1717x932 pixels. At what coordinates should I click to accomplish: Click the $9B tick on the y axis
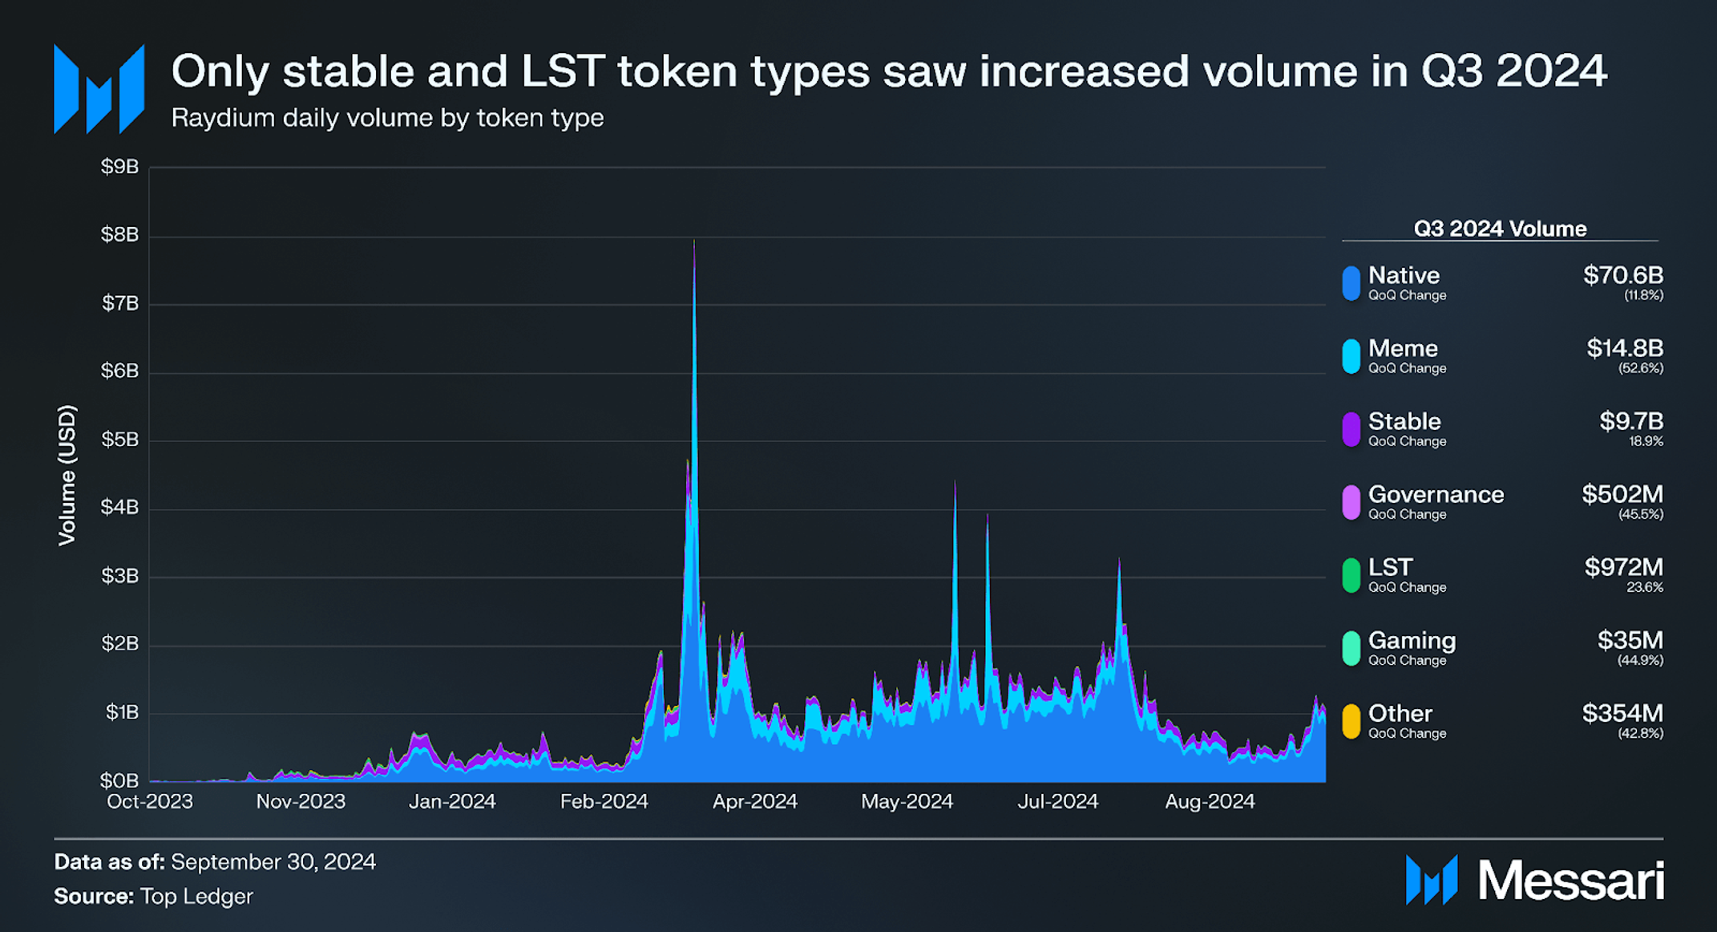point(119,167)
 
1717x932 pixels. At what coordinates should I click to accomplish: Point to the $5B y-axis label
point(119,440)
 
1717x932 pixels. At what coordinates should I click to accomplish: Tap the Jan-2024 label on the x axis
point(452,801)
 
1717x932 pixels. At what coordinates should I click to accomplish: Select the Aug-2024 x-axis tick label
point(1210,801)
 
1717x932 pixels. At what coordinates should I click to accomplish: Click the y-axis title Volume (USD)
point(67,475)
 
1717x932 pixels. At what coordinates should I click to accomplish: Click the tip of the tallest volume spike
point(694,241)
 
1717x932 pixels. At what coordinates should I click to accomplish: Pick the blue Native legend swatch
point(1351,283)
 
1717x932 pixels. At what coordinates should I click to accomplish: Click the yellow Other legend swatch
point(1351,721)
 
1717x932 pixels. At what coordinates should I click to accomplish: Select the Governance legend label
point(1436,494)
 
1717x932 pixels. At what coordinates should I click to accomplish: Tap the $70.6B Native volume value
point(1623,275)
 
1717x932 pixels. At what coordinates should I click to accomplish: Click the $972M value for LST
point(1623,567)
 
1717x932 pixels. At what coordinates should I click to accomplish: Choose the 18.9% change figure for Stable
point(1646,441)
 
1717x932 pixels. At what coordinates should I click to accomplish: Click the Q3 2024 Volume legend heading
point(1500,229)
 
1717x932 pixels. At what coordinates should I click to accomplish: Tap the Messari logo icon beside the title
point(99,89)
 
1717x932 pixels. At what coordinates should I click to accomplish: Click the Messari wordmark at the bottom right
point(1570,881)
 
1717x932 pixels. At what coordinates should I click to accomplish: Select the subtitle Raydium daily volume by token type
point(387,118)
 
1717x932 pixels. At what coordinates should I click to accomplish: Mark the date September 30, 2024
point(273,861)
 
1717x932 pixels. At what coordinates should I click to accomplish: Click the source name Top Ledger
point(196,896)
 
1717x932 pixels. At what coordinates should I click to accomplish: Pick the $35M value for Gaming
point(1630,640)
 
